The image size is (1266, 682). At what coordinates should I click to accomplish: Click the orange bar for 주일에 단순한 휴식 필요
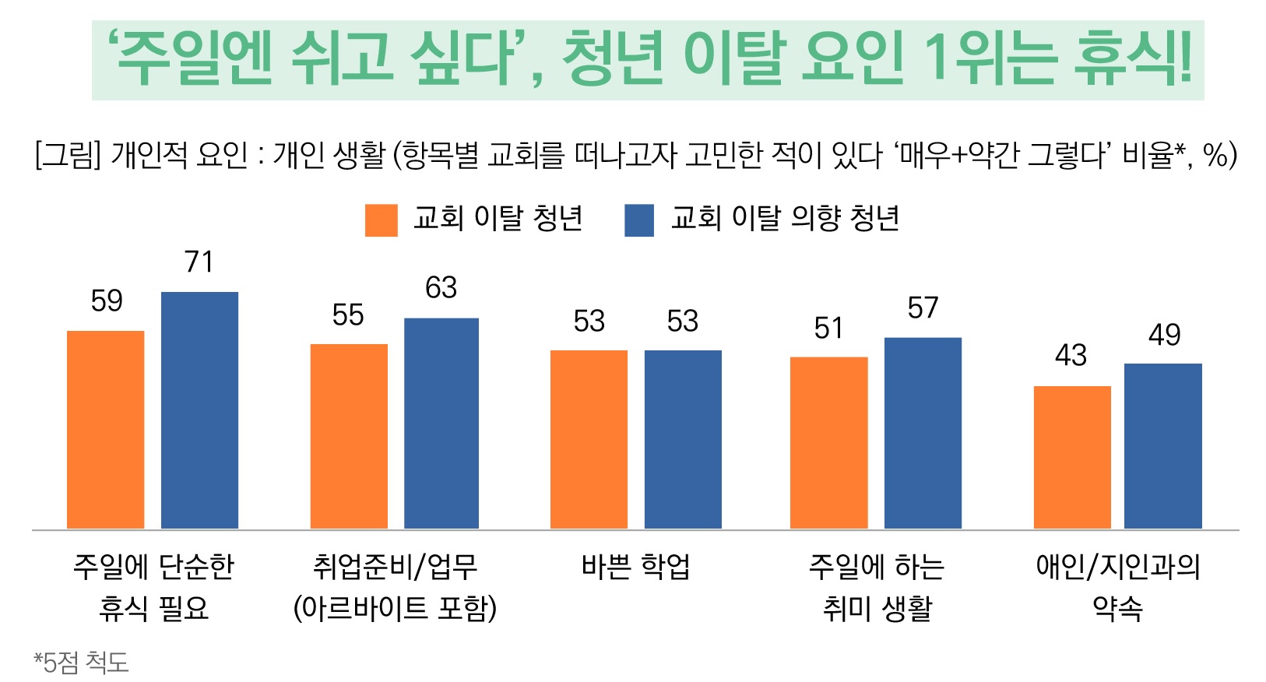(106, 430)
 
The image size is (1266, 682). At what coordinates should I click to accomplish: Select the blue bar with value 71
(199, 410)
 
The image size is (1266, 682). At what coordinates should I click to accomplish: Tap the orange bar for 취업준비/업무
(349, 436)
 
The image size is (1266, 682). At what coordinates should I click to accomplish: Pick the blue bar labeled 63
(441, 424)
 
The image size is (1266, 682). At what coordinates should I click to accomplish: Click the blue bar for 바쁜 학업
(683, 440)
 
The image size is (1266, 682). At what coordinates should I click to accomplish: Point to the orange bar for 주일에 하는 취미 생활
(828, 443)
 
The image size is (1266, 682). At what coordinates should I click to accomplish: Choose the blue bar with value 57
(923, 433)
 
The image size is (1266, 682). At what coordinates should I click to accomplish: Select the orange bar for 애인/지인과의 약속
(1072, 457)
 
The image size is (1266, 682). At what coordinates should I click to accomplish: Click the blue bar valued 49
(1163, 446)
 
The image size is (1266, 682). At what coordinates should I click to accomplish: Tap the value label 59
(107, 301)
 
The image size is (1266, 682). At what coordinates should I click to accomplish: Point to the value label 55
(348, 315)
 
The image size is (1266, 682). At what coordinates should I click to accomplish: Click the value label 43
(1071, 356)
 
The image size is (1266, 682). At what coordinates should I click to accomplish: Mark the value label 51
(828, 329)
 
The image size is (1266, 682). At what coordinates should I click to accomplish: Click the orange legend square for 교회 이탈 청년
(382, 220)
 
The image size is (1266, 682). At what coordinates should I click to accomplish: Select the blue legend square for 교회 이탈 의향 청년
(639, 220)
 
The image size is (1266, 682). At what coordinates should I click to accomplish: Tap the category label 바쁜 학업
(635, 567)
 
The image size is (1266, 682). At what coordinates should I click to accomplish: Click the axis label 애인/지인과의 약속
(1117, 587)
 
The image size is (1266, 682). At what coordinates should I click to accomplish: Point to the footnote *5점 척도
(81, 663)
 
